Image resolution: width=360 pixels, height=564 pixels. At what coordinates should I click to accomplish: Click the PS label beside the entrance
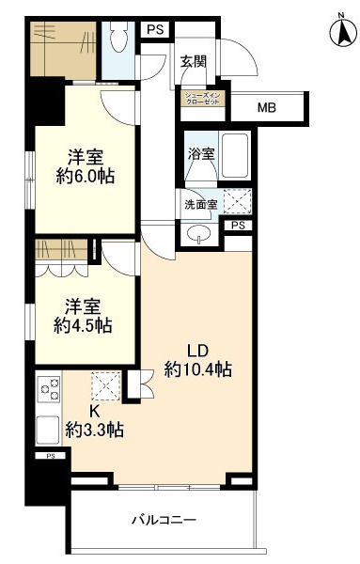pos(154,29)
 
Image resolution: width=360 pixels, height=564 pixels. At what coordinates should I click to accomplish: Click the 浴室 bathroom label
pos(200,153)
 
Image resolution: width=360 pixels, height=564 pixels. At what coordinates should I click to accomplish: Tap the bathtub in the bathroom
pos(234,154)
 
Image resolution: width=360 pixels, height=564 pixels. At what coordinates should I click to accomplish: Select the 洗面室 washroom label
pos(199,203)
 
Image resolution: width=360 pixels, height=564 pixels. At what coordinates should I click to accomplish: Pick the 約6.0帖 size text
pos(86,176)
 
